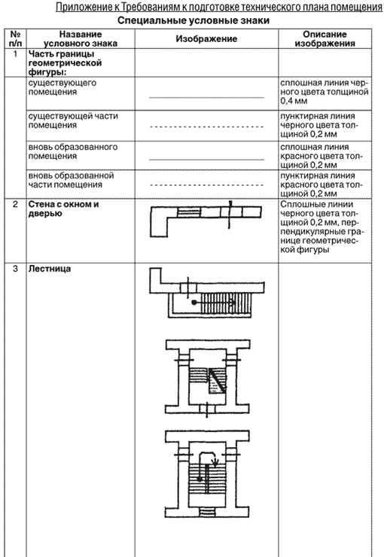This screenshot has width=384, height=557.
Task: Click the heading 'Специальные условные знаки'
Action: point(194,20)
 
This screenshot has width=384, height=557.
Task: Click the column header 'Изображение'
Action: point(206,38)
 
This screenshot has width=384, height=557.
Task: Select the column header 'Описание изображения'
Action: point(325,38)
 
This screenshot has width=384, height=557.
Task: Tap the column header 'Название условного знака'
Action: point(81,38)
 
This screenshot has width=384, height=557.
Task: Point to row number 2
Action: point(15,204)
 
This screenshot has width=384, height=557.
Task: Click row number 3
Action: point(15,269)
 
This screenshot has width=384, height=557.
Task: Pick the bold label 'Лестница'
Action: point(50,269)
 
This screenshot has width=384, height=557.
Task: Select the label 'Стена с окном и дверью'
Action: point(63,209)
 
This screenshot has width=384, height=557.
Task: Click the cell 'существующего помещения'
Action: point(62,87)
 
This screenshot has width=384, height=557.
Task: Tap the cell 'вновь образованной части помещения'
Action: point(71,180)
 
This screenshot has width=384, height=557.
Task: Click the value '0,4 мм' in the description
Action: point(294,102)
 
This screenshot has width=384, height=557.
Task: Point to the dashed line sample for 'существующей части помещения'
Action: point(206,126)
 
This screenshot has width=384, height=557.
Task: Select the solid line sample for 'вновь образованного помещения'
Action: point(206,160)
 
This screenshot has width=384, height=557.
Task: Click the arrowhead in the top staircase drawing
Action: point(233,303)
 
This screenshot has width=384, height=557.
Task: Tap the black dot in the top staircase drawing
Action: point(194,303)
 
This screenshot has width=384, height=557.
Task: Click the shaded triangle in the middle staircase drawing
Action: point(215,382)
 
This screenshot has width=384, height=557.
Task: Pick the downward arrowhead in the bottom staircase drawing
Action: point(215,462)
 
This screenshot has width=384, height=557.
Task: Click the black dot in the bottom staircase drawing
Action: point(200,479)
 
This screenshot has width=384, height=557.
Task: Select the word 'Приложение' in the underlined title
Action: point(82,7)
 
